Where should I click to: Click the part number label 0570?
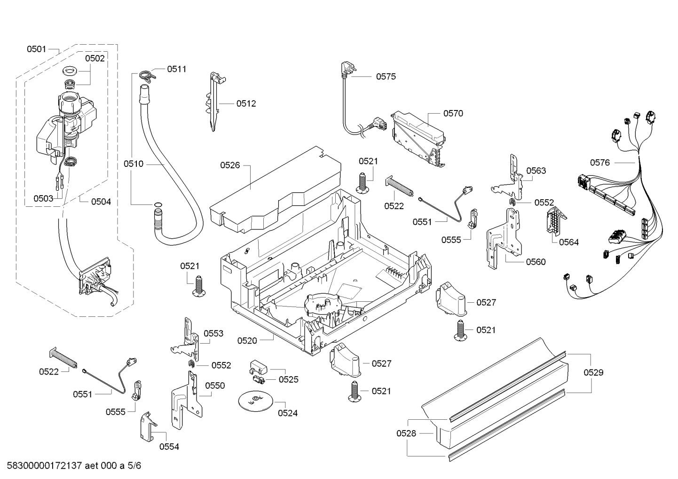click(453, 113)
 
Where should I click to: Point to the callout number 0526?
click(230, 165)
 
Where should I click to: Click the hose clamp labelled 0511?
click(147, 74)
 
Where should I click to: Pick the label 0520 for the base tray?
click(247, 340)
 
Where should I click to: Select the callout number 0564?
click(569, 242)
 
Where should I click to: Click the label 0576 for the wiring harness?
click(600, 163)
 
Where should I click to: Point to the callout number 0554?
click(169, 447)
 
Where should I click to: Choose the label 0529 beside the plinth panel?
click(593, 373)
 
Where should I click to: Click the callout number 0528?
click(406, 433)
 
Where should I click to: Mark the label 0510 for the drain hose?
click(134, 164)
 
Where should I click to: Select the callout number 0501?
click(36, 48)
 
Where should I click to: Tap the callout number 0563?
click(536, 171)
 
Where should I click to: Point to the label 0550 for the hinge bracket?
click(215, 385)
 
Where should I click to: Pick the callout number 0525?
click(288, 379)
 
